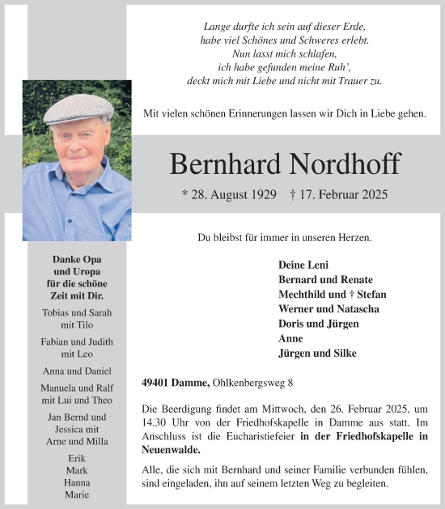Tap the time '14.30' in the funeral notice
(155, 423)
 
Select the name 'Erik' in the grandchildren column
(78, 457)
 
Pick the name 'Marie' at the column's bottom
(78, 494)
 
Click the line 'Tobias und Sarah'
(77, 313)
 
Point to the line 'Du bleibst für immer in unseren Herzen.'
(285, 238)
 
